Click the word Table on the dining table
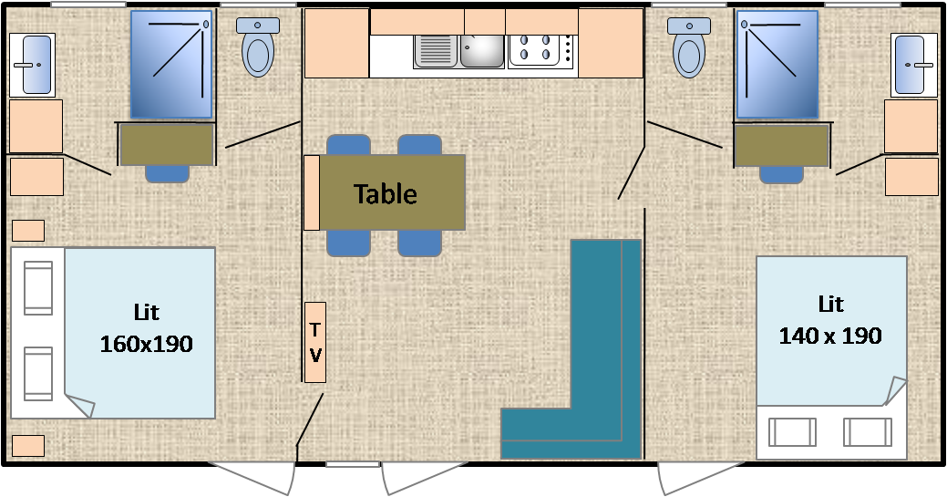click(x=386, y=194)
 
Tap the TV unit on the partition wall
click(x=315, y=342)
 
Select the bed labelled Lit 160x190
click(x=113, y=333)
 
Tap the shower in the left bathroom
click(x=171, y=64)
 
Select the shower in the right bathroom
click(x=777, y=64)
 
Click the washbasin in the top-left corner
click(x=32, y=65)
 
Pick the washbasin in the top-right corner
click(x=914, y=65)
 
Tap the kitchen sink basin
click(x=481, y=51)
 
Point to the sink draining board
click(x=436, y=51)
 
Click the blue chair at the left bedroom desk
click(x=168, y=173)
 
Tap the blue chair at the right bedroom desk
click(x=781, y=174)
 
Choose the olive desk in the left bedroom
click(x=168, y=144)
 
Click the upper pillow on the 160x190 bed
click(x=38, y=288)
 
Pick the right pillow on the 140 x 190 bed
click(x=868, y=432)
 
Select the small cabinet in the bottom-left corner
click(x=28, y=446)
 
